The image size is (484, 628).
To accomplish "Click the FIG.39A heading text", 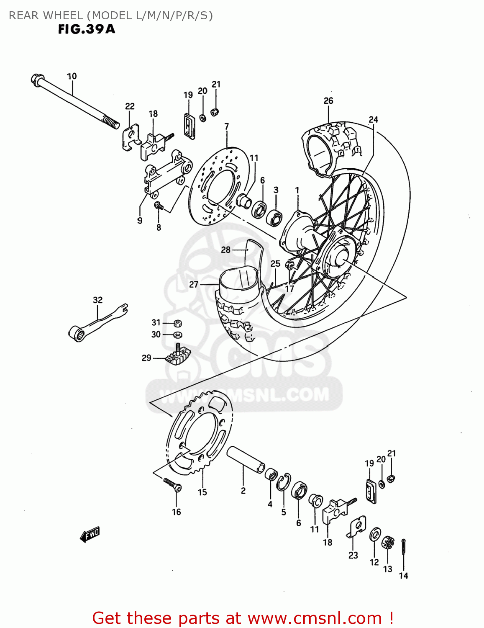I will click(86, 29).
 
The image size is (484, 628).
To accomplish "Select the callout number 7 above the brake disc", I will click(227, 126).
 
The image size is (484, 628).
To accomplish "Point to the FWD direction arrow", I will click(90, 534).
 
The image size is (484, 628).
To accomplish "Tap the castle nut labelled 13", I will click(388, 543).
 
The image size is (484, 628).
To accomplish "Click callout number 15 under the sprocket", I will click(202, 492).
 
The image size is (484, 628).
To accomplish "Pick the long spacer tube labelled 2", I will click(245, 460).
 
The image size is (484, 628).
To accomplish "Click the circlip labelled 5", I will click(283, 482).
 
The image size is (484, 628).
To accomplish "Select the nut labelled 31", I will click(177, 323).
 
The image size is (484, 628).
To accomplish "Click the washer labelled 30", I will click(177, 335).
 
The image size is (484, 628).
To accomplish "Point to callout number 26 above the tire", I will click(328, 101).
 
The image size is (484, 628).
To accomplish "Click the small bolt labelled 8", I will click(158, 205).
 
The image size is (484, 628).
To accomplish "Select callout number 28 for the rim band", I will click(226, 250).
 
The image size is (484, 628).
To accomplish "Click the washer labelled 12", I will click(375, 535).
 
